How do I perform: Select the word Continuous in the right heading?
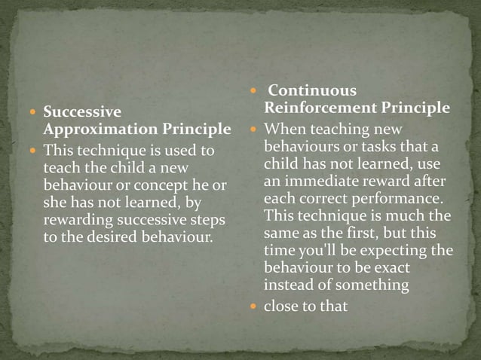tap(312, 91)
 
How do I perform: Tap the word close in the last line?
tap(281, 307)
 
